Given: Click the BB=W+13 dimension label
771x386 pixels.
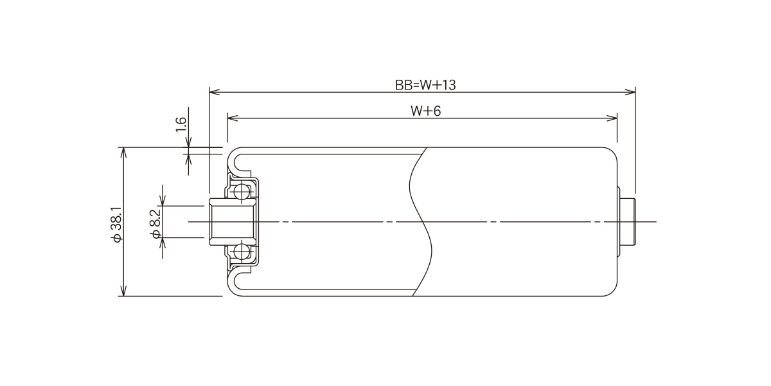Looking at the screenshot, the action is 425,85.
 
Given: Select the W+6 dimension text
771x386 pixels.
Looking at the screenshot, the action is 425,111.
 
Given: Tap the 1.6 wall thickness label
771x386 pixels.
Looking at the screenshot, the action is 181,124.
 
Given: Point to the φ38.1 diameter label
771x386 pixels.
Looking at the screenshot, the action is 116,225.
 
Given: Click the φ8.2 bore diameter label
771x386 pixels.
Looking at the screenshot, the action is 156,224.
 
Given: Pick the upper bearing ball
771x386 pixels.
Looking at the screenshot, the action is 242,191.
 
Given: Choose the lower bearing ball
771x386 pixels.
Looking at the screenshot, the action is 242,252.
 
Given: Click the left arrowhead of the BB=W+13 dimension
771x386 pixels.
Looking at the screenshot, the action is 215,92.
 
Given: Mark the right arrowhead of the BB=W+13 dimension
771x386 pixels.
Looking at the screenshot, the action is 630,92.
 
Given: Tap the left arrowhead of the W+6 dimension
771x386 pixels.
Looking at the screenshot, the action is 233,118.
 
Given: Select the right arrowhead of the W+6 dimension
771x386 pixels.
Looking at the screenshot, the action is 612,118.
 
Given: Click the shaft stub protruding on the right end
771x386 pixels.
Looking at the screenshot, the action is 628,221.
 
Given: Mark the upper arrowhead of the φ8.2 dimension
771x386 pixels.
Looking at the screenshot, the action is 163,200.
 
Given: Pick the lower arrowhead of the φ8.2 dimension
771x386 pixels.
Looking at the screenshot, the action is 163,243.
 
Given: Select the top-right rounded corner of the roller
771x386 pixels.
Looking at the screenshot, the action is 613,152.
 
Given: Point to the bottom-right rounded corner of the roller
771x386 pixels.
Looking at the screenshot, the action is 613,291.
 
